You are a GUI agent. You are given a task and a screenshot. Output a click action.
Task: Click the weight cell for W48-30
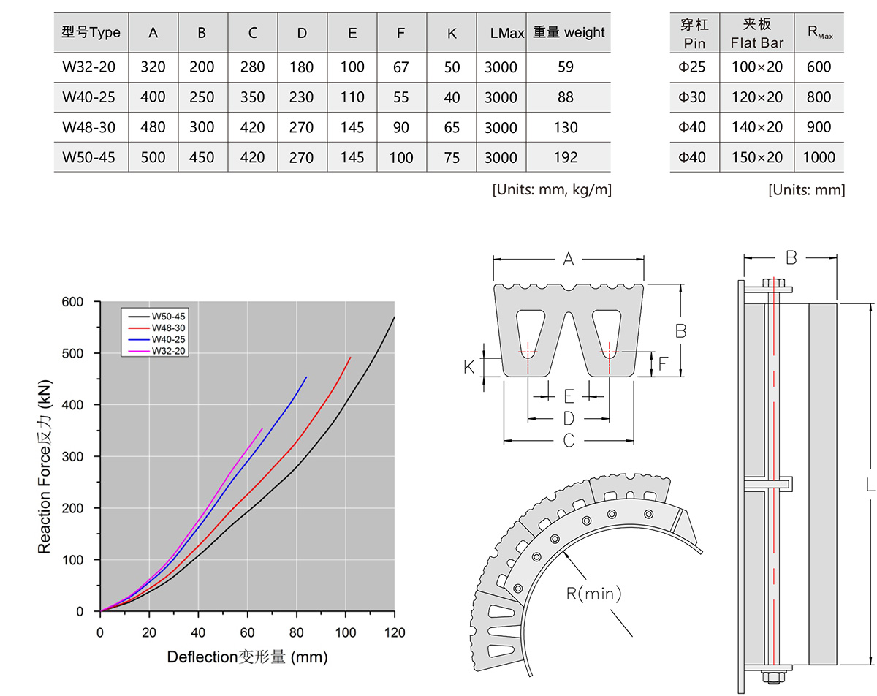(565, 128)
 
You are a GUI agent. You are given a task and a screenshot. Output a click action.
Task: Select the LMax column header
(506, 33)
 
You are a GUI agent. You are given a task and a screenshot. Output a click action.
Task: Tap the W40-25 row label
(89, 97)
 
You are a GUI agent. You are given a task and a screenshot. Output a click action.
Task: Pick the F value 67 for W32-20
(400, 67)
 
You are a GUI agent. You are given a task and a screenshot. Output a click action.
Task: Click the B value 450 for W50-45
(202, 158)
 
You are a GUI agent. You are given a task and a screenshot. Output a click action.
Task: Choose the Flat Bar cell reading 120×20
(757, 97)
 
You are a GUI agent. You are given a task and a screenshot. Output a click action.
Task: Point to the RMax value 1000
(819, 158)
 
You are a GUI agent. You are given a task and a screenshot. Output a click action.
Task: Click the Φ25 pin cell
(691, 67)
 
